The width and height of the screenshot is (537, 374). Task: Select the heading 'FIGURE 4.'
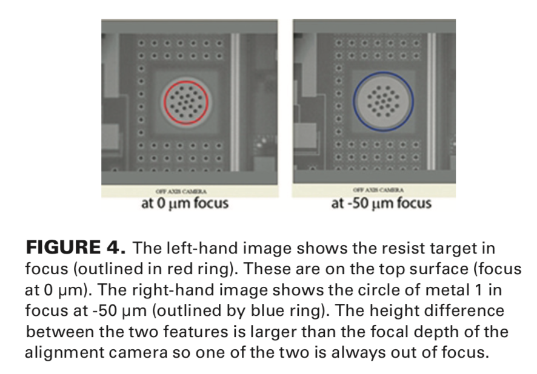tap(75, 248)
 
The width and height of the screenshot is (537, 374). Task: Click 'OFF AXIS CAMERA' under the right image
tap(378, 191)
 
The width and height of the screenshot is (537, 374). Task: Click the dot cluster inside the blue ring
tap(382, 100)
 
